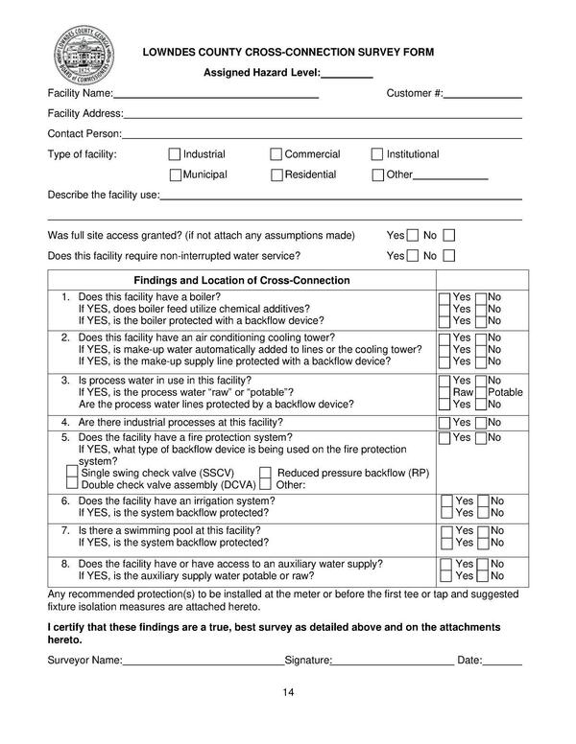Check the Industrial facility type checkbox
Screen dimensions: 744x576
pos(174,154)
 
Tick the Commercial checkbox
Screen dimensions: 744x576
pos(276,154)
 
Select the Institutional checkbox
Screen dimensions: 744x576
pos(377,154)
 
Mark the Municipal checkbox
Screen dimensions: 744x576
pos(175,174)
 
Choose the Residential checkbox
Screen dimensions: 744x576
pos(276,174)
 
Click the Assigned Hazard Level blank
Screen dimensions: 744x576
pos(346,74)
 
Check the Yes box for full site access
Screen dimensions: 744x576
pos(413,236)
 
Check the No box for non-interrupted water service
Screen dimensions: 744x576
pos(447,256)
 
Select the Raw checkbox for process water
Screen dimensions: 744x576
pos(444,393)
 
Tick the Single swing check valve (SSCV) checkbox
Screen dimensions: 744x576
pos(72,473)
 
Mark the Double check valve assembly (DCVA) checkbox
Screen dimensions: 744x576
pos(72,485)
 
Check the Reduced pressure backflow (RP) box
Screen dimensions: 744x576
pos(266,473)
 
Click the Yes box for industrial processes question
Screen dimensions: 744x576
pos(444,422)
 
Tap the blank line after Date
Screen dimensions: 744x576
pos(503,661)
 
